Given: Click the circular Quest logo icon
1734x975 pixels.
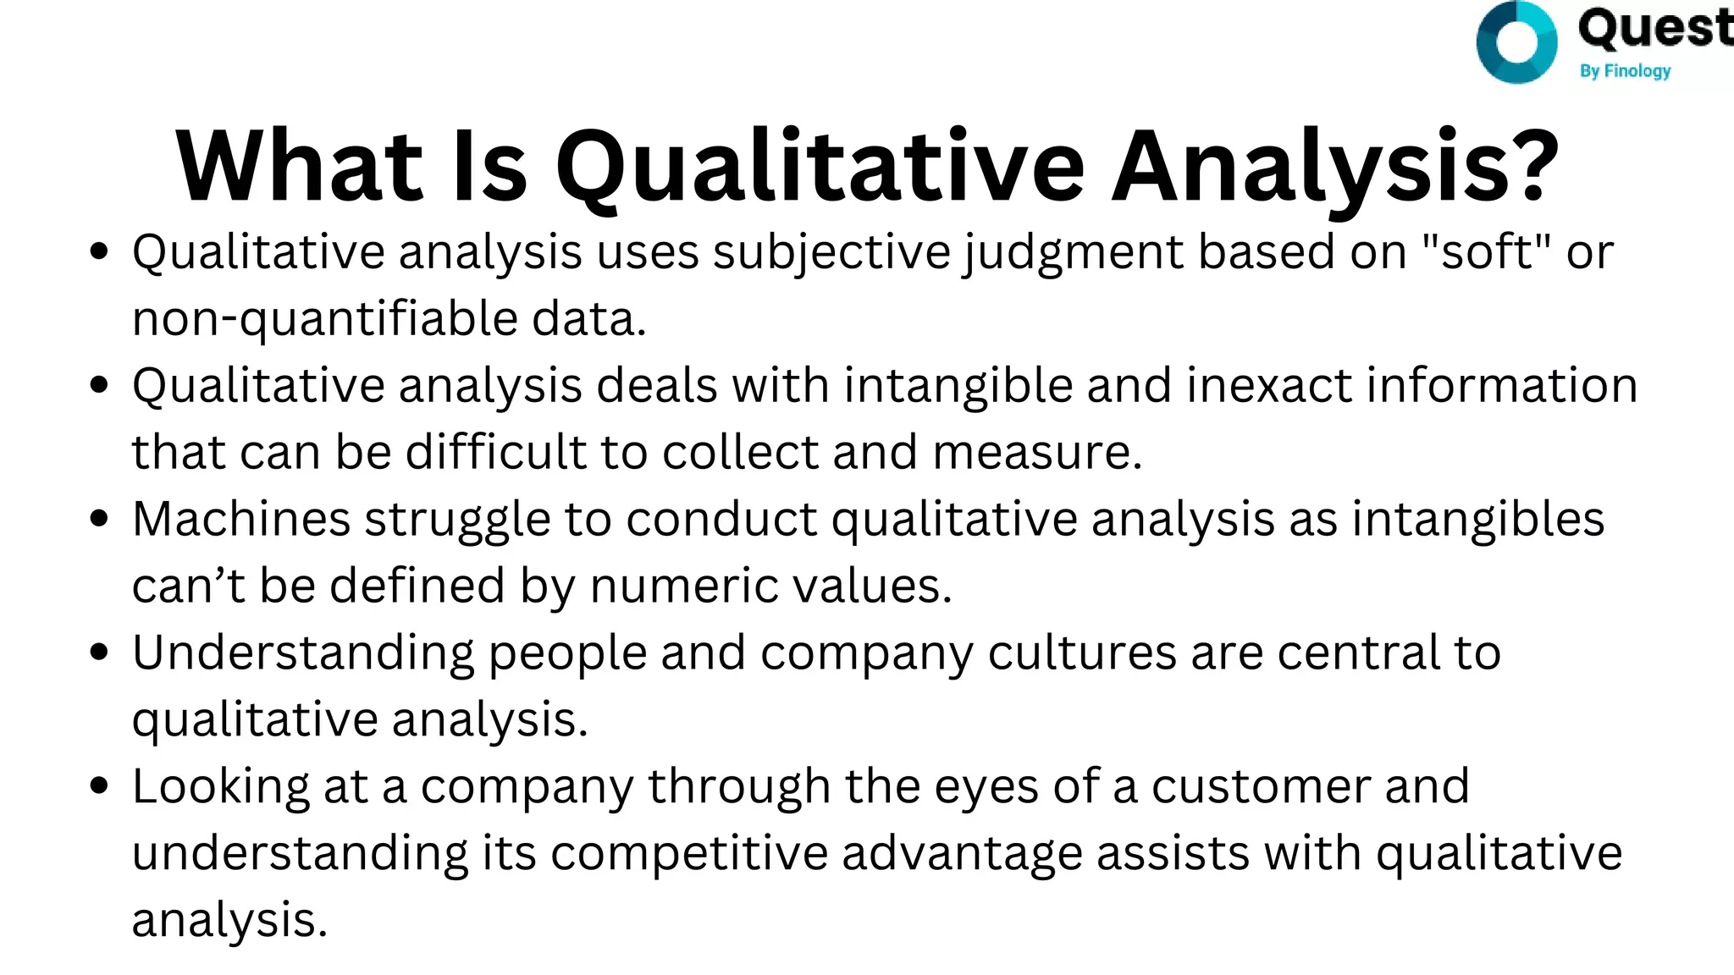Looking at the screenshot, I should [x=1516, y=42].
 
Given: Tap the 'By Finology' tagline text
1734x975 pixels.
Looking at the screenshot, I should [x=1625, y=71].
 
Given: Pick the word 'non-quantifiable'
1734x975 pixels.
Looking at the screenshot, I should [x=325, y=319].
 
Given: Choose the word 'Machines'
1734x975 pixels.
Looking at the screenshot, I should [x=241, y=519].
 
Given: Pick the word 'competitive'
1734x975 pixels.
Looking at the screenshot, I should [x=689, y=853].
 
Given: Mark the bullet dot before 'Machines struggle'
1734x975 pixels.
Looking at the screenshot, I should [x=99, y=518].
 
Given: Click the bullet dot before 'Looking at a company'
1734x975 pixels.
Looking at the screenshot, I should [x=99, y=785].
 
